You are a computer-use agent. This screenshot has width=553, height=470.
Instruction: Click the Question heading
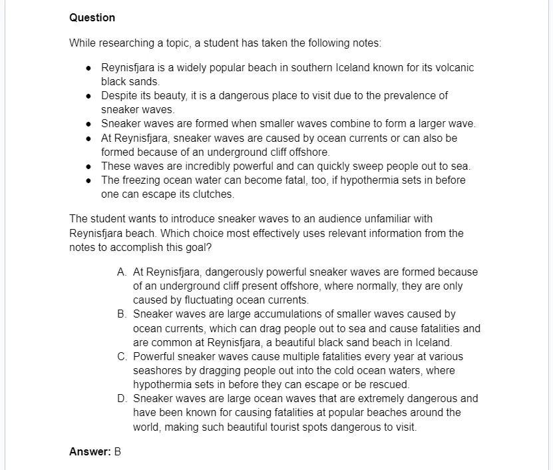92,18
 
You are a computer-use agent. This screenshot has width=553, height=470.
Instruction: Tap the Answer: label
90,452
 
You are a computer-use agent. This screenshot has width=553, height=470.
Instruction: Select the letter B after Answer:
118,452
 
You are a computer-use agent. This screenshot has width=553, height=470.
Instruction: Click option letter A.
121,272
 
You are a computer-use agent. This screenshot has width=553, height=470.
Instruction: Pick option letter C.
121,356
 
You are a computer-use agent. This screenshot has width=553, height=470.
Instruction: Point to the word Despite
119,95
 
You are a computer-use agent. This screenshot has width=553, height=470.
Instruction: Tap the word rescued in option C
391,385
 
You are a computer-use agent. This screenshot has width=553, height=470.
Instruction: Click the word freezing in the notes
141,180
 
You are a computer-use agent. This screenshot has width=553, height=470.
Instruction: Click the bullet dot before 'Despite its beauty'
89,96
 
